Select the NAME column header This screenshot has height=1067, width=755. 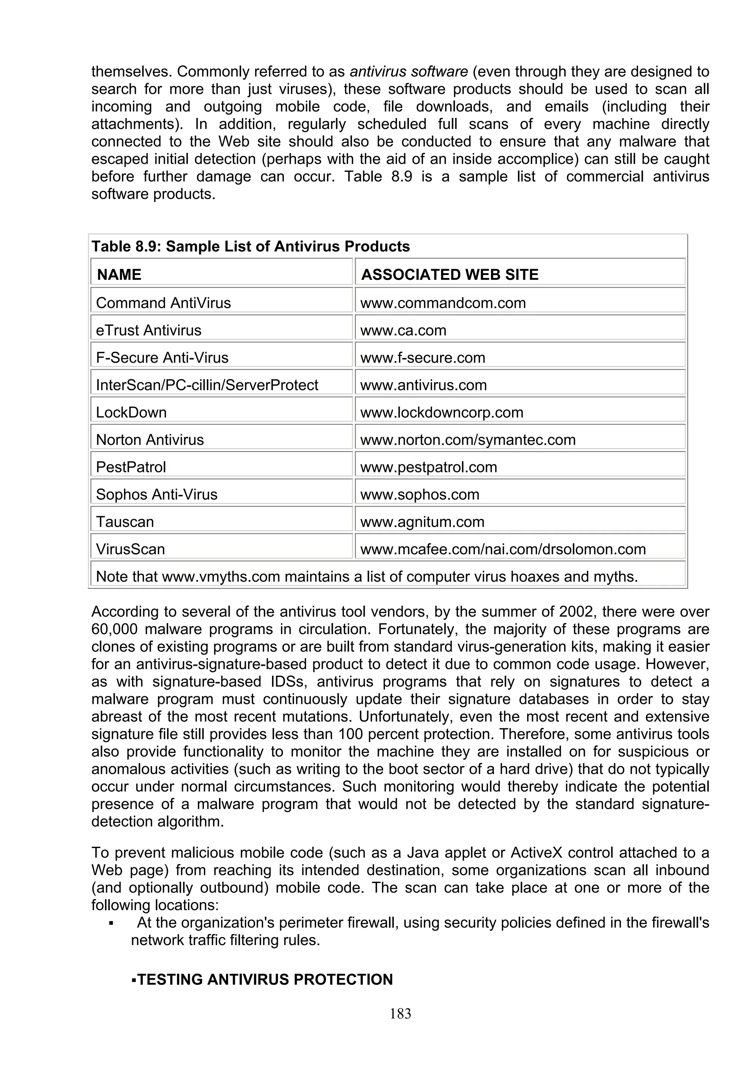pos(119,275)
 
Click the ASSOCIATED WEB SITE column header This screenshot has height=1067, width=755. pos(449,275)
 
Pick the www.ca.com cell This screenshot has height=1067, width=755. pos(403,330)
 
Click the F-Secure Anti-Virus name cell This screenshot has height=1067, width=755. pos(162,358)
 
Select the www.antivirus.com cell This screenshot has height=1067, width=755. pos(423,385)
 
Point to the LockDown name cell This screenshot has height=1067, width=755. pos(131,413)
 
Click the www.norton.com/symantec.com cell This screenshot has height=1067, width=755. pos(467,440)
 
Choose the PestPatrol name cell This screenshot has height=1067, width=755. pos(131,467)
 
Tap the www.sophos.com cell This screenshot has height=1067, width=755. pos(420,494)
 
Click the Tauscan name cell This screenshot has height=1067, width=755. pos(125,522)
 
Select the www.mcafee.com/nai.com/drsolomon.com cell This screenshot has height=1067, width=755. pos(503,549)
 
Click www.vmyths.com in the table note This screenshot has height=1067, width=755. pos(221,577)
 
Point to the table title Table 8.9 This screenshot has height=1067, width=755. pos(250,246)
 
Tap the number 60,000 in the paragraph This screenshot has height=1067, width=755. pos(114,629)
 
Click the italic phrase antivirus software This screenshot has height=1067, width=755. pos(408,71)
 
